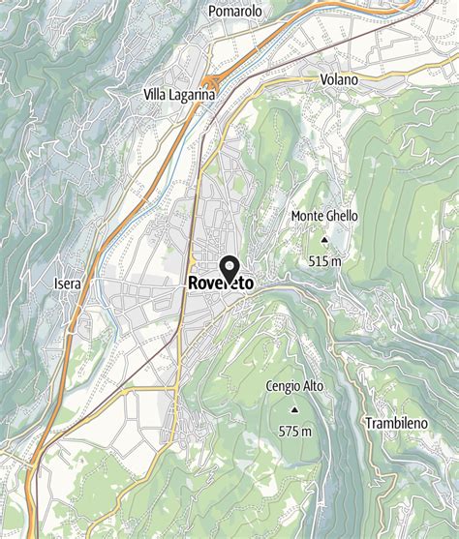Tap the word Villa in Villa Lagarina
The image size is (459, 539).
coord(160,95)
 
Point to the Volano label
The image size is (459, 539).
coord(338,78)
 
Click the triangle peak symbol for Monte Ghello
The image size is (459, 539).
coord(323,238)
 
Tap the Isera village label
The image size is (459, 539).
coord(68,284)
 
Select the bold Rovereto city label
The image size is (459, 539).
coord(220,284)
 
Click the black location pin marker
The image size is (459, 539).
coord(230,267)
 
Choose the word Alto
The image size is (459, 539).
coord(314,387)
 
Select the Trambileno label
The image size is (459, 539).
coord(396,423)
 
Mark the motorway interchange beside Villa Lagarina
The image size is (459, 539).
coord(210,84)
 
